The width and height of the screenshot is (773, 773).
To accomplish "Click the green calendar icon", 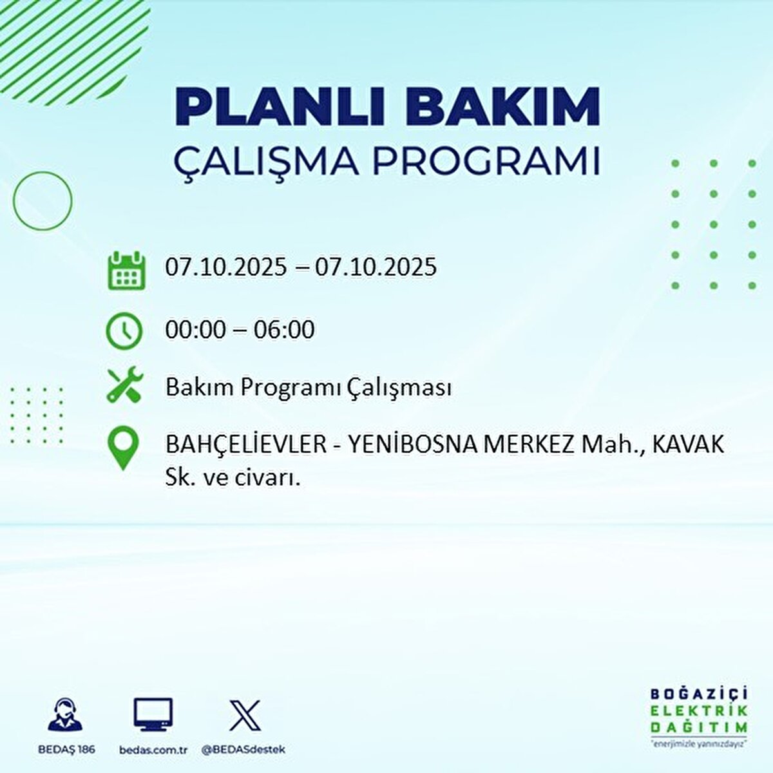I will (x=125, y=270).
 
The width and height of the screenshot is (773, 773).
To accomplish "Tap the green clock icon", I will (x=124, y=331).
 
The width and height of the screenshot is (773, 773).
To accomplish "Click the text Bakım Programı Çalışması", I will (x=308, y=388).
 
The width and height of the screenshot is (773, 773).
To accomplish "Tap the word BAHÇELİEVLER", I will (x=246, y=444).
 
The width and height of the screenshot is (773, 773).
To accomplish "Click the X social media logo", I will (x=245, y=715).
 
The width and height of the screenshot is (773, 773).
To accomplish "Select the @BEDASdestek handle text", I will (x=243, y=750).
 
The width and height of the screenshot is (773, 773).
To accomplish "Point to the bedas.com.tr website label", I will (x=153, y=750).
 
